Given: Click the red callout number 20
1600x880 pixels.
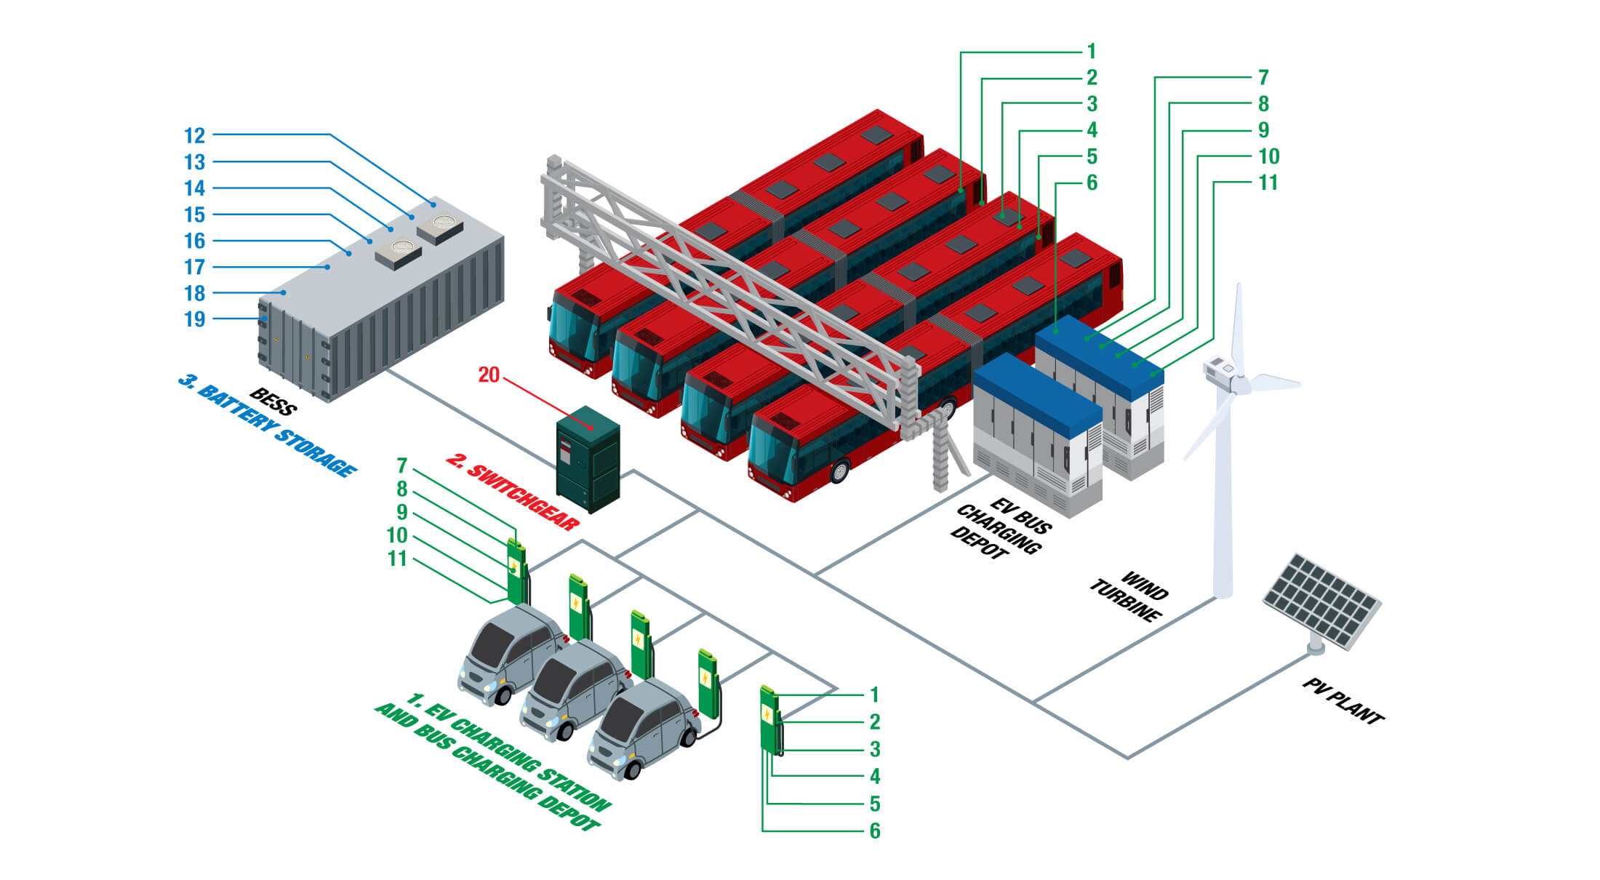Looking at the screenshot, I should tap(489, 375).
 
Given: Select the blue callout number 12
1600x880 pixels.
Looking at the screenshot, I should tap(194, 136).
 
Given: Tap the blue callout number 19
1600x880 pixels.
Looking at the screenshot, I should tap(194, 319).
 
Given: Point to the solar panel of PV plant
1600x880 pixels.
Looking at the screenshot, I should tap(1321, 601).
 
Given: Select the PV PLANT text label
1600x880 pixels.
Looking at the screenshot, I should tap(1343, 701).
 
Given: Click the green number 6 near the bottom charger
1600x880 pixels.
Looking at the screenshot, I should tap(875, 831).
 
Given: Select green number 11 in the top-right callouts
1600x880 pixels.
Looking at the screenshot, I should tap(1268, 183).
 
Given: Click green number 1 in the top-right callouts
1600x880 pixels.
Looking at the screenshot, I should tap(1091, 52).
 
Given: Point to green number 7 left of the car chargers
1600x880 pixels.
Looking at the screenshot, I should tap(401, 465).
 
